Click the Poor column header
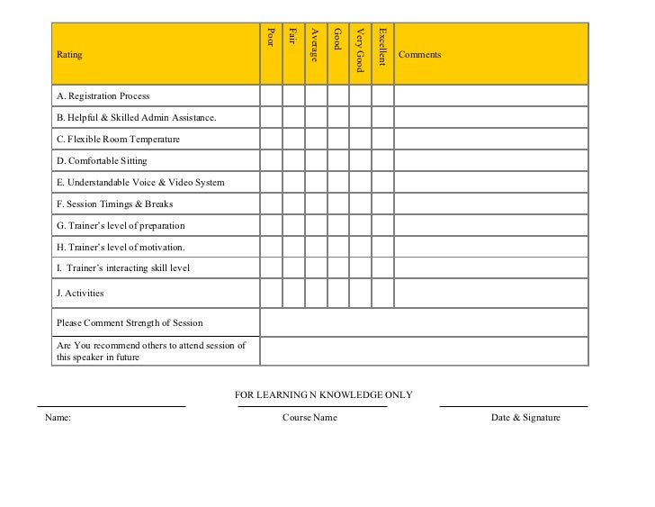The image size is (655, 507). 271,38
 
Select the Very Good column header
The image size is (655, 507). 360,50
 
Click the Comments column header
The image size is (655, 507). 419,55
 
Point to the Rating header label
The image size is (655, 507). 69,55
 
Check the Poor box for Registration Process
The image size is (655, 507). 271,95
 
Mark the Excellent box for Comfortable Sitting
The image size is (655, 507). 382,161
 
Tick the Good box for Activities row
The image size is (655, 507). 337,293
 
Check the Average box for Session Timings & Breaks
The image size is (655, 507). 316,204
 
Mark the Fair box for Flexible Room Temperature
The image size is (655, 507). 293,140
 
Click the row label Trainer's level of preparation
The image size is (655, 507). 121,226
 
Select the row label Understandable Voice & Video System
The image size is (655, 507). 140,183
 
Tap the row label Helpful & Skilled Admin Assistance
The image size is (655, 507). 136,118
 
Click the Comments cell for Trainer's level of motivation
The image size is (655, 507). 490,248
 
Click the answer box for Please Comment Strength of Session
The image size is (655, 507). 424,322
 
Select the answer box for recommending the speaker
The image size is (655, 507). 424,351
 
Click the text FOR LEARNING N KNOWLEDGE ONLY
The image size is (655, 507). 324,394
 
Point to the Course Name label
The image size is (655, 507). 310,418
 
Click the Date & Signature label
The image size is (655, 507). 525,418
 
